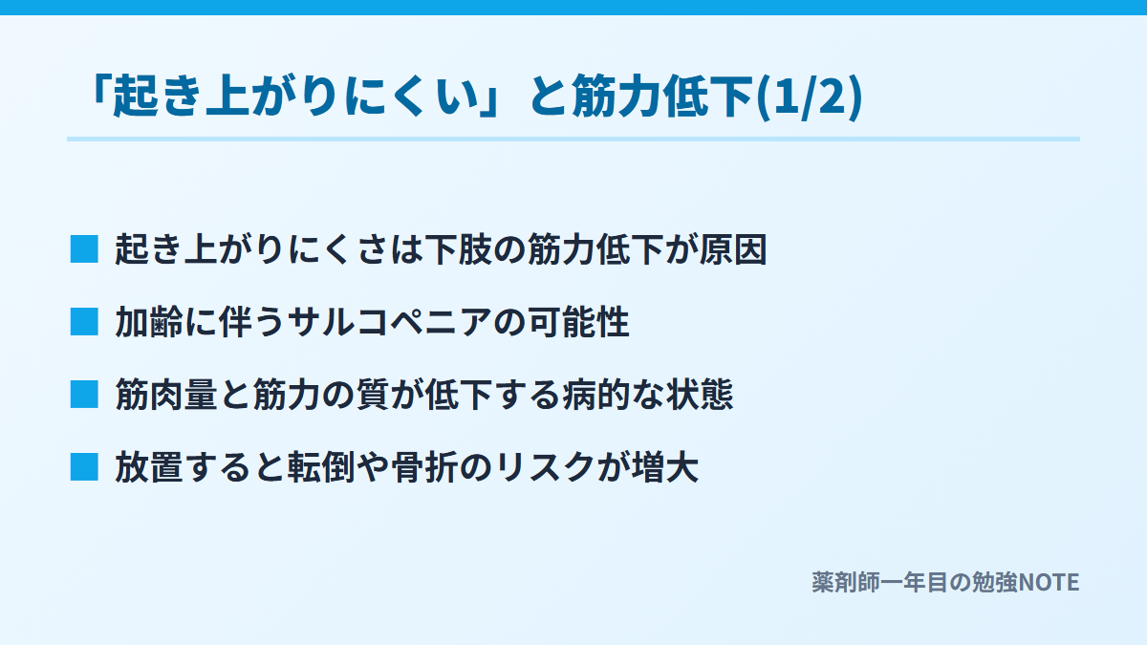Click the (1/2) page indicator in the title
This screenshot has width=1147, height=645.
pos(810,96)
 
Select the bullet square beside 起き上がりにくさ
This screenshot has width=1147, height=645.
pos(84,249)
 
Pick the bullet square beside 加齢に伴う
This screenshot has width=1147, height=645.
pos(84,322)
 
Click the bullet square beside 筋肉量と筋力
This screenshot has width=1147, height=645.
pos(84,395)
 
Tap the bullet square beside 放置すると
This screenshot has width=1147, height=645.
pos(84,467)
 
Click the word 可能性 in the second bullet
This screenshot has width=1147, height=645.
pos(578,322)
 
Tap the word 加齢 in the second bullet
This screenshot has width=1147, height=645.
pos(149,322)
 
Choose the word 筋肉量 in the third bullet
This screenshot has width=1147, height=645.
pos(166,395)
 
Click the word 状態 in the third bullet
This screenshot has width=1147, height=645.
pos(699,395)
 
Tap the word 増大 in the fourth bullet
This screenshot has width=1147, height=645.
pos(664,467)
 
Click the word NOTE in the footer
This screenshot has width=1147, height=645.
pos(1049,583)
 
